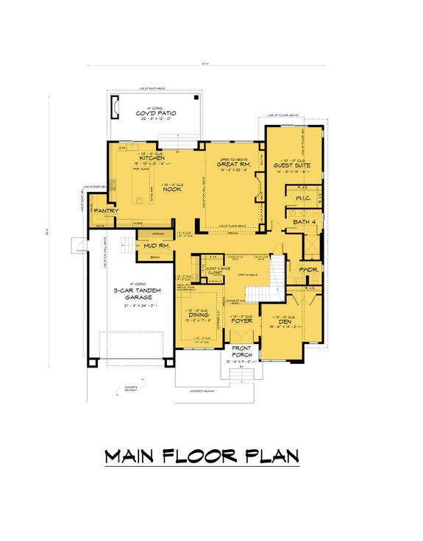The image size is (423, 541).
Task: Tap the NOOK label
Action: tap(171, 189)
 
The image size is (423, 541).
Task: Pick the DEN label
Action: tap(285, 321)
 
